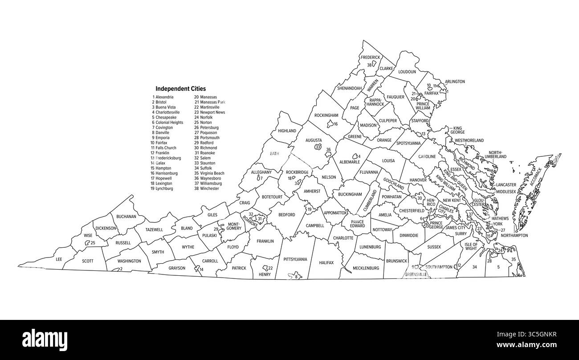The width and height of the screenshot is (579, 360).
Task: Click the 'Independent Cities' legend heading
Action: pos(180,89)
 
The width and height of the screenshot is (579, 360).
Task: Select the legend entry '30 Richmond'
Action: pos(205,148)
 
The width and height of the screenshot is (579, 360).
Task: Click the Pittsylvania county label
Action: pos(295,259)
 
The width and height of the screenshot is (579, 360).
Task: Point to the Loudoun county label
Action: pos(407,71)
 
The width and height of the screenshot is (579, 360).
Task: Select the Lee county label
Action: pos(59,259)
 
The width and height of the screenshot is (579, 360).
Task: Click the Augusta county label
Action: pos(314,140)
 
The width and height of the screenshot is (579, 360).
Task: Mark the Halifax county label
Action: pos(326,263)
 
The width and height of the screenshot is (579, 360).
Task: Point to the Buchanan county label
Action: pos(126,217)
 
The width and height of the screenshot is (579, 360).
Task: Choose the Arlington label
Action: pos(455,82)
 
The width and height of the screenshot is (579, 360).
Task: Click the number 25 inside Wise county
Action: pos(93,243)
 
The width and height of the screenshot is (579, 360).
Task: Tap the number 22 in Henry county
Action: pos(270,268)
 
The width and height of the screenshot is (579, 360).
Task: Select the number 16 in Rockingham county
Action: pos(336,124)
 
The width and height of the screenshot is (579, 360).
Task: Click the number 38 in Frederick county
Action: pos(369,65)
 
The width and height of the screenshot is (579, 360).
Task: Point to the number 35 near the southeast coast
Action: pos(514,259)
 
